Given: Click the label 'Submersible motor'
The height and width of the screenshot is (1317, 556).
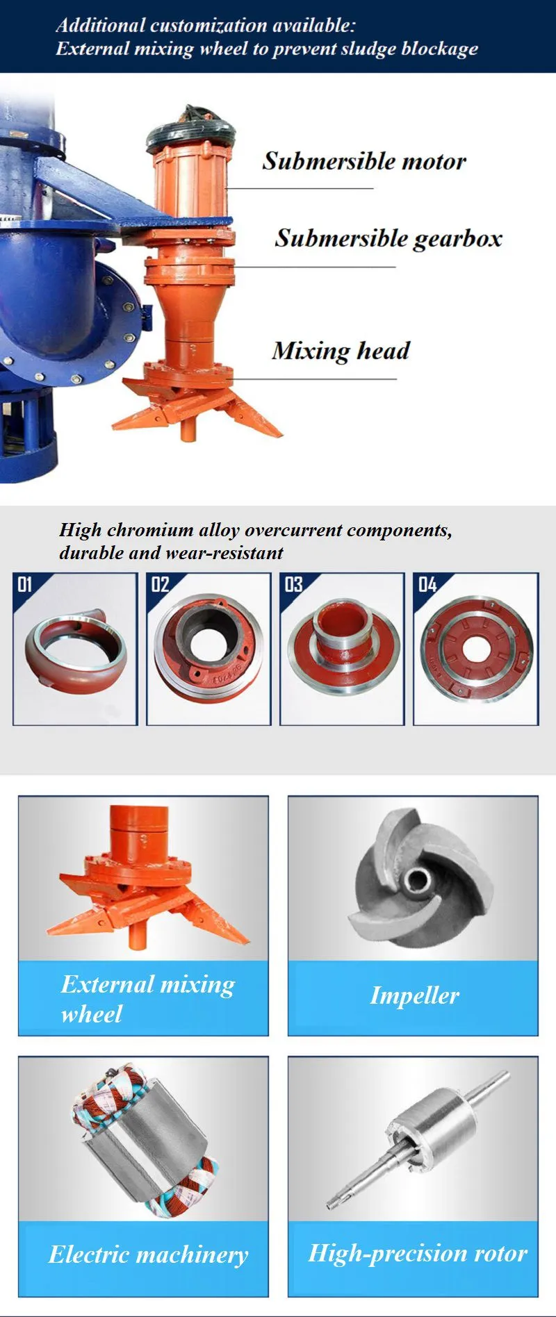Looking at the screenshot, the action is click(x=364, y=161).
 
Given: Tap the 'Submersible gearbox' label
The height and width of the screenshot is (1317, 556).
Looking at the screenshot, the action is click(x=389, y=238).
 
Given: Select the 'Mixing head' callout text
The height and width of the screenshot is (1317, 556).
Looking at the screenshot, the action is click(x=341, y=351).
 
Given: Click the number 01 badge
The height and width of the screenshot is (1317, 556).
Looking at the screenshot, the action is click(x=25, y=584).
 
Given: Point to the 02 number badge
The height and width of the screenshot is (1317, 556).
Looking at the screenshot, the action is click(x=160, y=584).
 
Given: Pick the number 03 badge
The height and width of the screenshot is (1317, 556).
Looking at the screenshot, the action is click(x=294, y=584).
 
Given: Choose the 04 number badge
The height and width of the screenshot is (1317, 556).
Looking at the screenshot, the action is click(x=427, y=584).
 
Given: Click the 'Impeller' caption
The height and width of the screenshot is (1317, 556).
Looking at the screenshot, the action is click(x=414, y=995).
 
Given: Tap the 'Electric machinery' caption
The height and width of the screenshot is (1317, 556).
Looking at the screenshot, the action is click(x=148, y=1254).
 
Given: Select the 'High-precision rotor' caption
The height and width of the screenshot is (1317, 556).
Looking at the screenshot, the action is click(x=418, y=1253).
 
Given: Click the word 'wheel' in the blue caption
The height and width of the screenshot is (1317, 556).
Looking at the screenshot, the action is click(x=91, y=1014).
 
